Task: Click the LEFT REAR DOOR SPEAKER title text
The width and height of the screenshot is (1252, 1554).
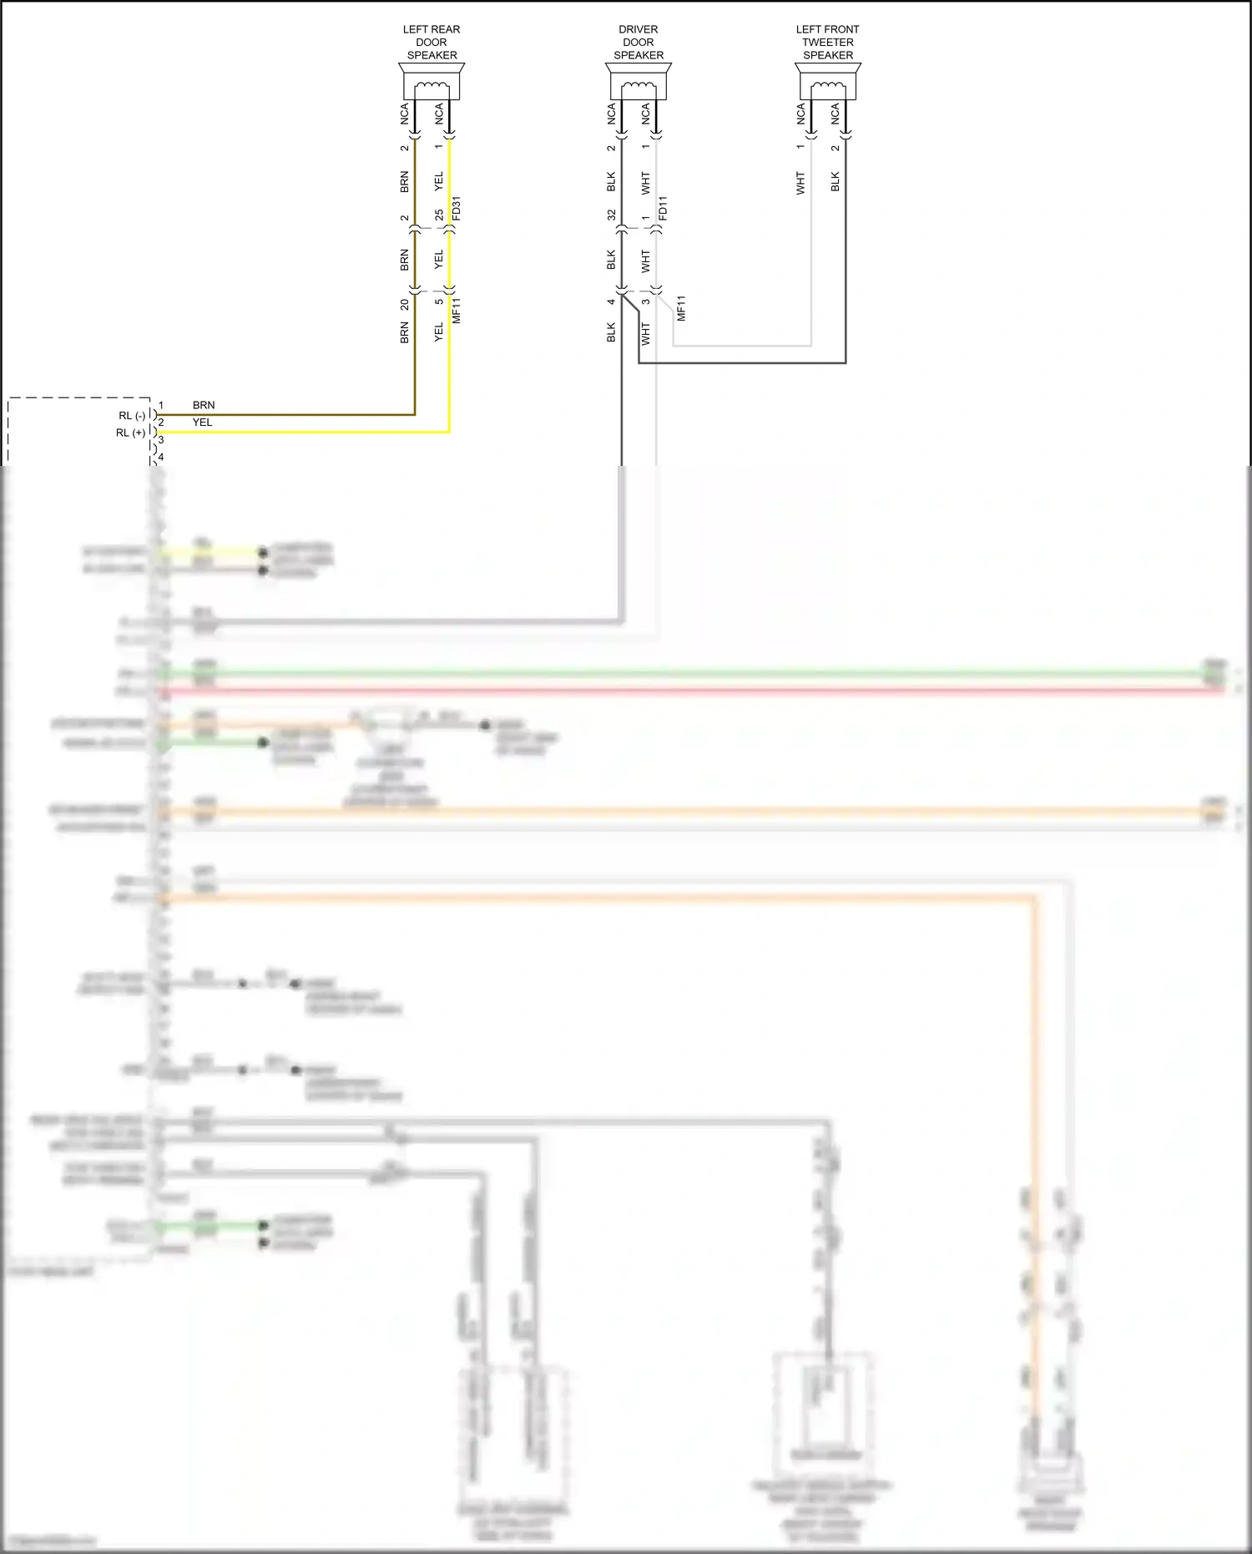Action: click(x=432, y=42)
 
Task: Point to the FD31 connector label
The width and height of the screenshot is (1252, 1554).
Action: click(x=456, y=209)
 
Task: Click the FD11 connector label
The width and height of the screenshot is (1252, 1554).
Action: click(x=663, y=209)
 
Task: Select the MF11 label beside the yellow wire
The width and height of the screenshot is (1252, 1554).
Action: click(x=457, y=310)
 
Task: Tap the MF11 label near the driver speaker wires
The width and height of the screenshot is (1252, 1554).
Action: click(x=681, y=308)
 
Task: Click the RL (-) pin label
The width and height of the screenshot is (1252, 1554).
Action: click(x=132, y=415)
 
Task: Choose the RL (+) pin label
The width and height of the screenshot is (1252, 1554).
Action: click(x=130, y=433)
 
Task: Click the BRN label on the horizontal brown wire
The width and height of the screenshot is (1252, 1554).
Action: click(x=204, y=405)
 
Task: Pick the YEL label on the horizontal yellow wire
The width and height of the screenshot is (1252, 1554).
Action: click(x=203, y=423)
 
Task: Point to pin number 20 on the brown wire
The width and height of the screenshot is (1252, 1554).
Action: click(x=405, y=305)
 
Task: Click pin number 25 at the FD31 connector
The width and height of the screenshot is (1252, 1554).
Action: click(x=439, y=215)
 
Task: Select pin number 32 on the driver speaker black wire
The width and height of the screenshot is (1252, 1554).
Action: click(x=611, y=215)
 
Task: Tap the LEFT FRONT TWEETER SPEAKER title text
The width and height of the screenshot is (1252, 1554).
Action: click(x=828, y=42)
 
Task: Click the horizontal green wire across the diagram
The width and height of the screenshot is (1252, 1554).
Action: click(x=668, y=673)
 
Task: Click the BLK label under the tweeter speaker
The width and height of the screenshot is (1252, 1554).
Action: click(x=836, y=182)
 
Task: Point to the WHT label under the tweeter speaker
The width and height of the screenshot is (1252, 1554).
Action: click(x=800, y=184)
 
